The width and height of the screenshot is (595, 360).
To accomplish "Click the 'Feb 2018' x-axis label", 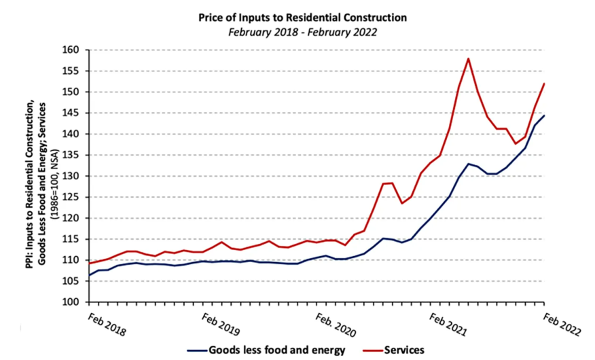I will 107,324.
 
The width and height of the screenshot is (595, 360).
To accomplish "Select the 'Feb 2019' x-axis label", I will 221,324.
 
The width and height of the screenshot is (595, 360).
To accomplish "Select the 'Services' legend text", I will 404,350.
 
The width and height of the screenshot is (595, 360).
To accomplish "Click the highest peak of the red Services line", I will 468,58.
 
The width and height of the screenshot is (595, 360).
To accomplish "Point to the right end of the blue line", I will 544,115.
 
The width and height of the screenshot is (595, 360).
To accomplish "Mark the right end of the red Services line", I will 544,84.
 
